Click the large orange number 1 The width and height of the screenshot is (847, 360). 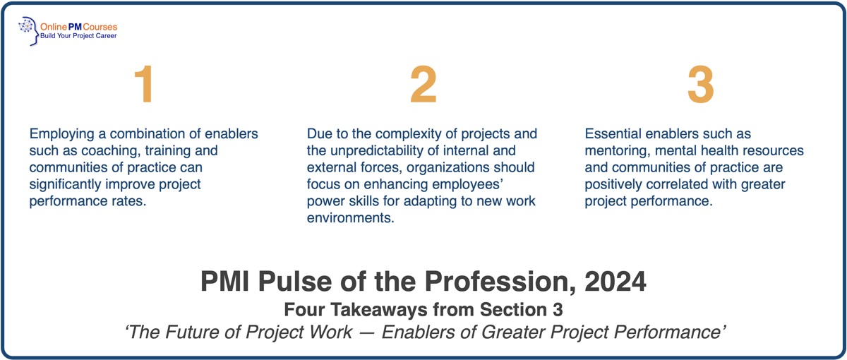pyautogui.click(x=144, y=85)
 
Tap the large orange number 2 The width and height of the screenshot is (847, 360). pyautogui.click(x=423, y=85)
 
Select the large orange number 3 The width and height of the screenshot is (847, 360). pyautogui.click(x=701, y=85)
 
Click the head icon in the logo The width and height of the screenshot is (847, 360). pyautogui.click(x=29, y=31)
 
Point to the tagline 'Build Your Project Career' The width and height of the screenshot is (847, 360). pyautogui.click(x=79, y=35)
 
